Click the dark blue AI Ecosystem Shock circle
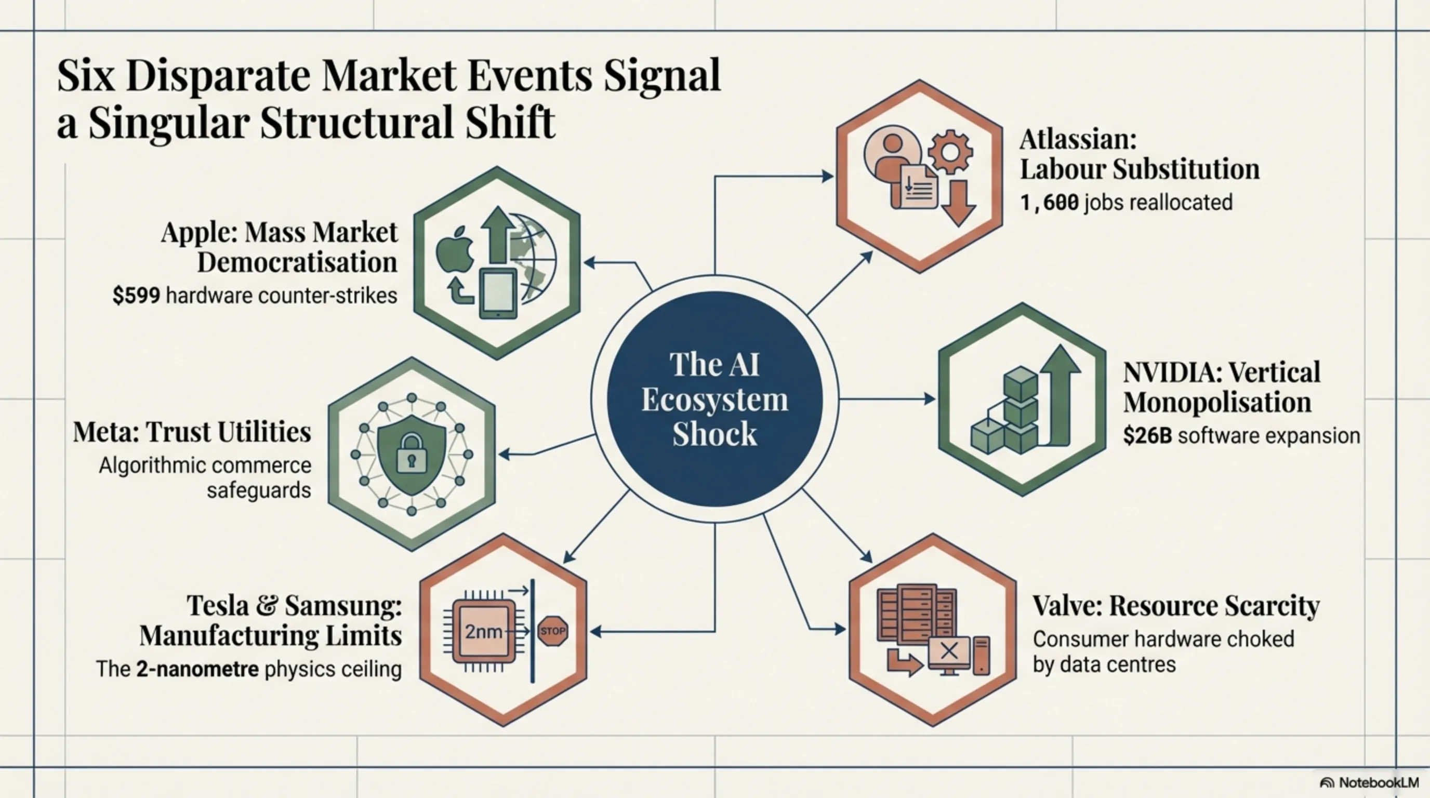click(x=714, y=398)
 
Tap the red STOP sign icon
click(x=553, y=631)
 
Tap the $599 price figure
click(x=136, y=296)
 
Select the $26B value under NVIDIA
click(x=1147, y=435)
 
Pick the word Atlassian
click(x=1078, y=139)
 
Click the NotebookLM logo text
click(x=1378, y=782)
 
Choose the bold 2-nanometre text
click(x=197, y=669)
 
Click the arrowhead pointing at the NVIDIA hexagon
click(x=929, y=398)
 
